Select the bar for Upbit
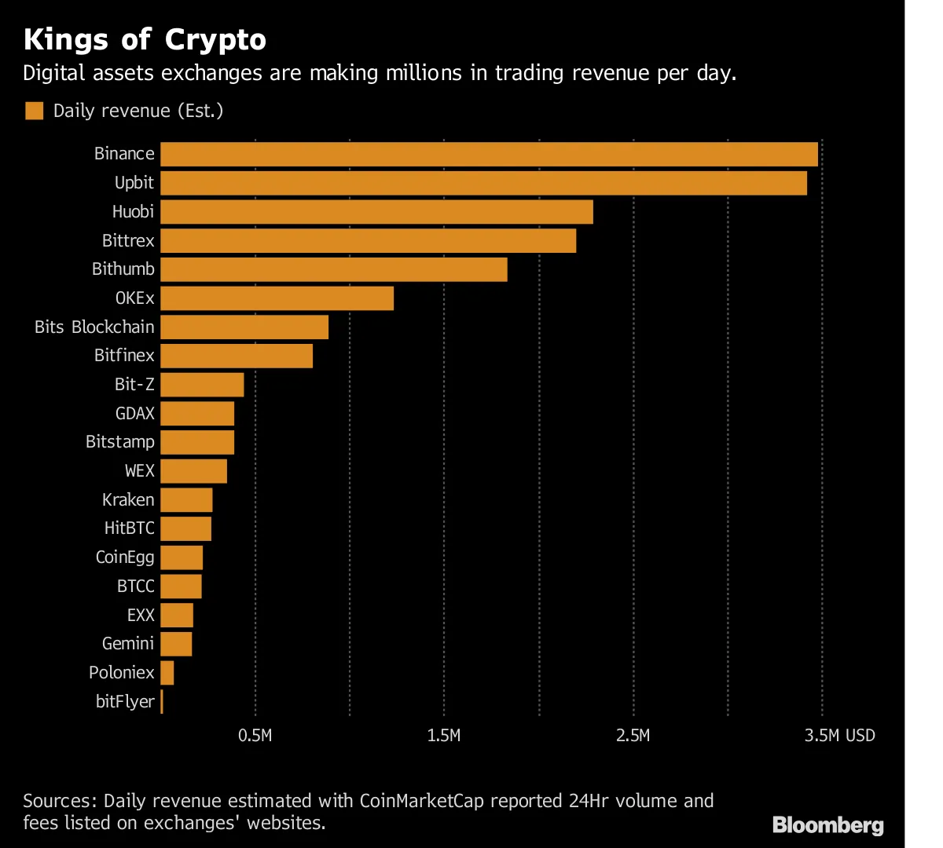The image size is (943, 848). pos(483,183)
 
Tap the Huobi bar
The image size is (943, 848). pos(376,212)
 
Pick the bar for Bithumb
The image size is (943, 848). pos(333,269)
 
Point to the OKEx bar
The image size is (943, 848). pos(277,298)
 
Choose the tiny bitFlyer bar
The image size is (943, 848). pos(162,701)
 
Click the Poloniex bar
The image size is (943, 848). pos(167,673)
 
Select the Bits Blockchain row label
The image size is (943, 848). pos(94,327)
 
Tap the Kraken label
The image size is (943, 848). pos(128,499)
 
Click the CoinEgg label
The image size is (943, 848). pos(125,557)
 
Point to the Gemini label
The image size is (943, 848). pos(128,644)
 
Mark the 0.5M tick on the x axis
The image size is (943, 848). pos(255,736)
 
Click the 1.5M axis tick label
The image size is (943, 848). pos(445,736)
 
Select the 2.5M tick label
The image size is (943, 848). pos(633,736)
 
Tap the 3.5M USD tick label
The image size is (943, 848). pos(839,736)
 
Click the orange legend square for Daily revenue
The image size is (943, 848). pos(34,111)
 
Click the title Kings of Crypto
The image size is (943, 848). pos(145,39)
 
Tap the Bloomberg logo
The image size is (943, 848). pos(827,825)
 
